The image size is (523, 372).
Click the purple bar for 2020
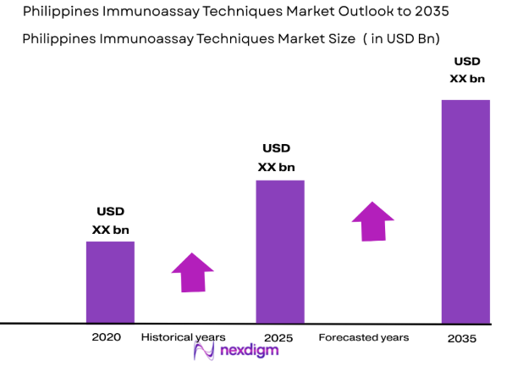click(x=110, y=281)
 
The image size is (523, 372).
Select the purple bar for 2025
click(x=280, y=251)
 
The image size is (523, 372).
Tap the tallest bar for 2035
click(x=465, y=211)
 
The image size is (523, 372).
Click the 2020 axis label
click(x=107, y=337)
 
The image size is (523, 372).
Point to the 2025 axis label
click(x=278, y=338)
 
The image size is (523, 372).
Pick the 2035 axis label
click(x=461, y=338)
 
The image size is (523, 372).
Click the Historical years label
click(x=183, y=337)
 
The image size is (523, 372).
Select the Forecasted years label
click(x=364, y=337)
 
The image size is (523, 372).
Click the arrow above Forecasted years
click(x=373, y=221)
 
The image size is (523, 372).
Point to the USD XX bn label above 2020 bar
click(x=111, y=220)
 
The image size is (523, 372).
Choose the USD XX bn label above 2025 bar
click(x=277, y=158)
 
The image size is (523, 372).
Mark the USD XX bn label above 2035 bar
click(x=467, y=69)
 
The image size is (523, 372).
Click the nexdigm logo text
click(x=251, y=352)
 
